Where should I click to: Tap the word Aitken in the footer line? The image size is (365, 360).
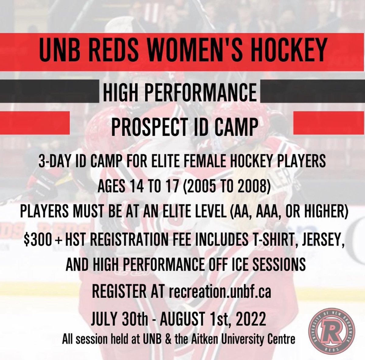[x=193, y=339]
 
